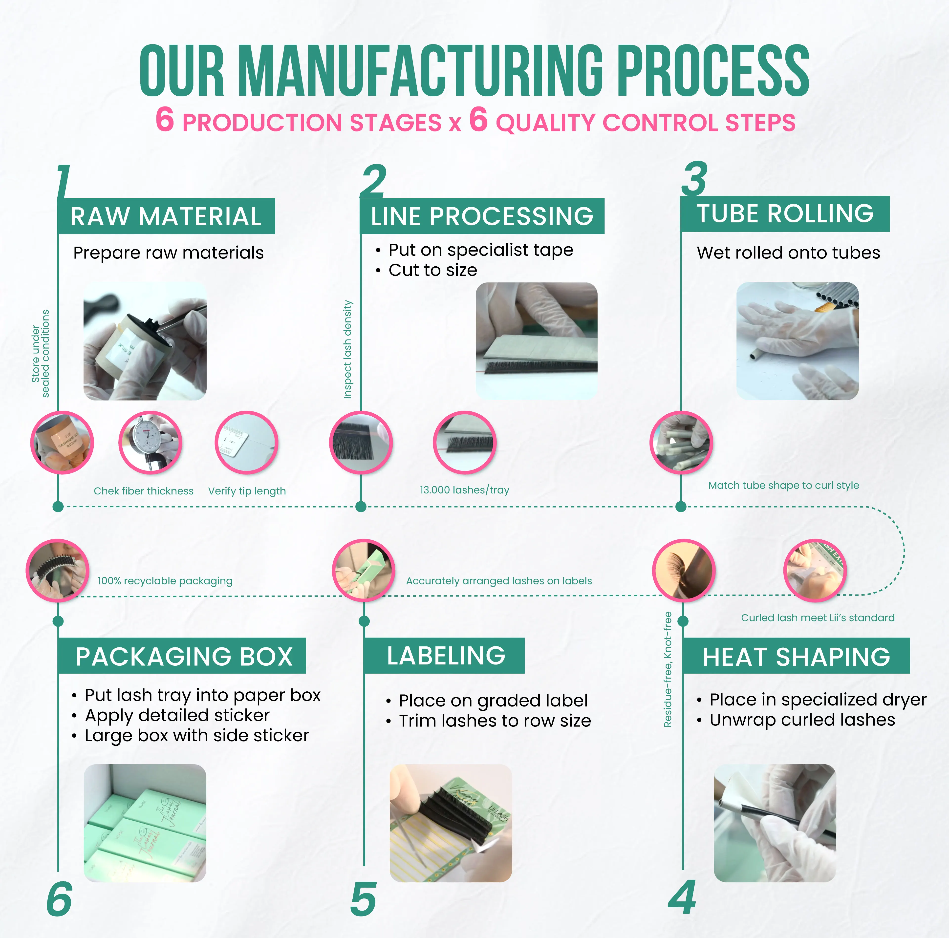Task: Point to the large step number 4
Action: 682,897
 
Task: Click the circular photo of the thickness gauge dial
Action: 150,443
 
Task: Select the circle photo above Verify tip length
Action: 247,443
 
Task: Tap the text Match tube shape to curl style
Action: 783,485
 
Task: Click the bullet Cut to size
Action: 432,270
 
